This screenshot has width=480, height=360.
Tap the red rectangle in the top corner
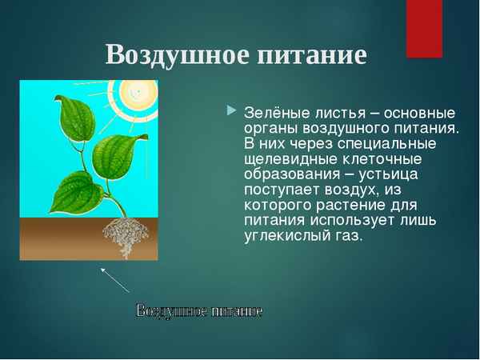(424, 29)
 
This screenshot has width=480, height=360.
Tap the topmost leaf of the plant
(73, 117)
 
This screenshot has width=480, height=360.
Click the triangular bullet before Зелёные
(232, 109)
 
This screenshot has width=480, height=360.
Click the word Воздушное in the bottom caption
(167, 310)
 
